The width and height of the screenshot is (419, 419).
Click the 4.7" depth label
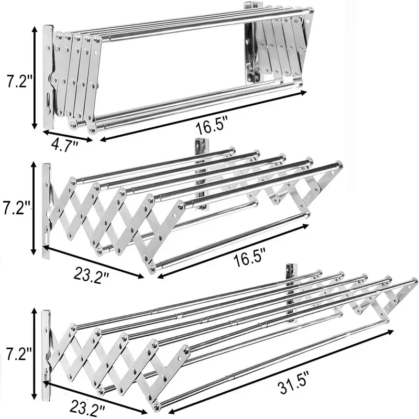click(x=64, y=146)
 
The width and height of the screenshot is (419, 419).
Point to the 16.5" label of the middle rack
click(x=250, y=257)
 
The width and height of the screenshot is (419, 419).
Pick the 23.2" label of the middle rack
click(x=91, y=274)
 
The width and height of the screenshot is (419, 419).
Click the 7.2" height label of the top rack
click(x=19, y=81)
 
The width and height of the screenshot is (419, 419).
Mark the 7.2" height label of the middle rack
click(x=16, y=207)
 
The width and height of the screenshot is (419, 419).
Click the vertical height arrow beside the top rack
click(x=35, y=78)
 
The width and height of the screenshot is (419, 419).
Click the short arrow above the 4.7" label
click(x=68, y=136)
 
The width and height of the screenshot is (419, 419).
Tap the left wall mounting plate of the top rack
click(x=48, y=77)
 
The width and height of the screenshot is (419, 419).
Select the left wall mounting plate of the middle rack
click(x=46, y=212)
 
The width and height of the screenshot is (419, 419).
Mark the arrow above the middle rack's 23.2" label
click(x=94, y=262)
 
